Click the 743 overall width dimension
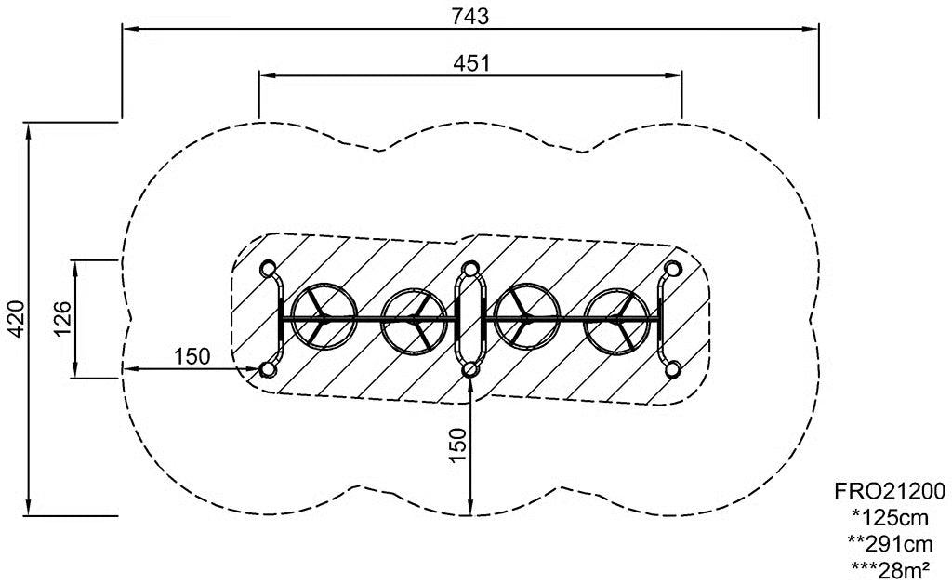[469, 17]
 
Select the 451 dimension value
[471, 62]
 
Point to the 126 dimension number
[62, 318]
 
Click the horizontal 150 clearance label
[192, 356]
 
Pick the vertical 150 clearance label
[458, 445]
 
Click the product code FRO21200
[890, 490]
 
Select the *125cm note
[890, 517]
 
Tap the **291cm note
[890, 543]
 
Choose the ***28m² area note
[890, 569]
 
